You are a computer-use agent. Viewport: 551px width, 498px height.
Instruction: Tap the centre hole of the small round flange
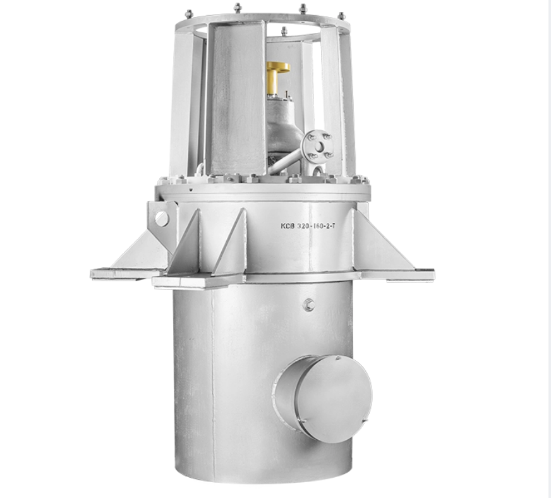[319, 145]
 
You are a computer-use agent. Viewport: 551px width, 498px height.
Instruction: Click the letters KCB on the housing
[287, 226]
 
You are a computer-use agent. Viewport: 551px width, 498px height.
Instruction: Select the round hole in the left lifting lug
[162, 217]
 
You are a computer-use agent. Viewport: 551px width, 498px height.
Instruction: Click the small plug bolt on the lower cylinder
[310, 304]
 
